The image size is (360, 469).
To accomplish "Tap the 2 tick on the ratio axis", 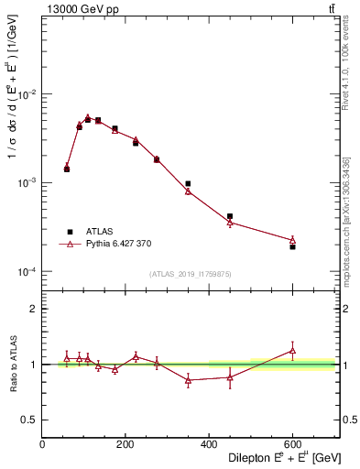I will tap(32, 309).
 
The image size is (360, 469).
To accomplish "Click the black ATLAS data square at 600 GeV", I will tap(292, 246).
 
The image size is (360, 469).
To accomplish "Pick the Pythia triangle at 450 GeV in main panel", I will tap(230, 223).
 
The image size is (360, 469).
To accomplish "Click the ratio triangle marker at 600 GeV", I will tap(292, 350).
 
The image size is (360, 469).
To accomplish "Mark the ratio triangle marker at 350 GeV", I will tap(188, 380).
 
